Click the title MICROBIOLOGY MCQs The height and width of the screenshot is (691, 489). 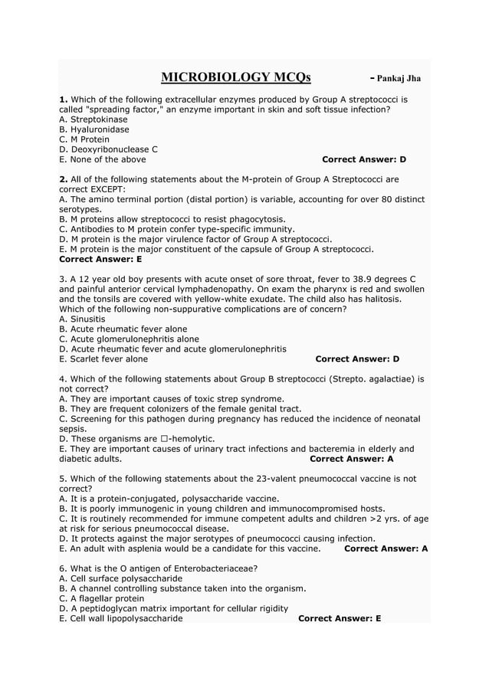click(236, 77)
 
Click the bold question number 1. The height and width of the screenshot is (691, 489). click(64, 100)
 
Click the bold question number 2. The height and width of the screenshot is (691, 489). click(64, 179)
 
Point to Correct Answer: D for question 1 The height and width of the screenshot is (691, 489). click(364, 159)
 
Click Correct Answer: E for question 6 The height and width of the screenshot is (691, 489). click(340, 618)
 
